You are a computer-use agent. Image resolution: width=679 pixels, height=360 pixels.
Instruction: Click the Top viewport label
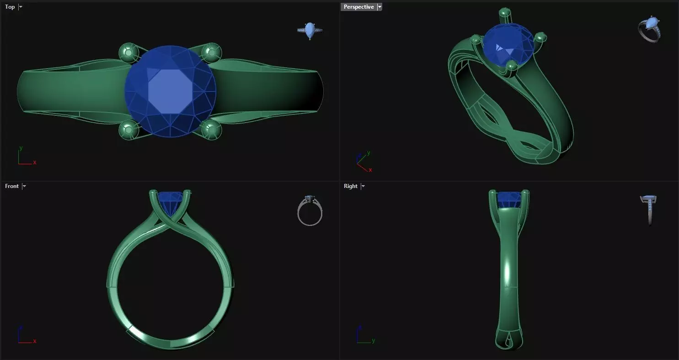point(10,7)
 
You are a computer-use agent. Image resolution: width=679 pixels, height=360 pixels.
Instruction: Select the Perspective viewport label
point(358,7)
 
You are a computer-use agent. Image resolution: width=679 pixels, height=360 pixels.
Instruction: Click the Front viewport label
point(12,186)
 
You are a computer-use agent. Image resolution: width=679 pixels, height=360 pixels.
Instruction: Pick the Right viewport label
point(351,186)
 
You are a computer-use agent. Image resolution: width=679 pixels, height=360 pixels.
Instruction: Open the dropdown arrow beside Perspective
point(380,7)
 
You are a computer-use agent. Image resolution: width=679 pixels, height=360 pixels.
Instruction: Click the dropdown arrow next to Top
point(21,7)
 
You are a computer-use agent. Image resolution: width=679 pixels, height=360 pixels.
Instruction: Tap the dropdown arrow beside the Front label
point(24,186)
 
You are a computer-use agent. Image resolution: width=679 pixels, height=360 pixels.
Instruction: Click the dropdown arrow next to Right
point(363,186)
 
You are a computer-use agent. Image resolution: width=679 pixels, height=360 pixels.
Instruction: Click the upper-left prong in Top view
point(128,53)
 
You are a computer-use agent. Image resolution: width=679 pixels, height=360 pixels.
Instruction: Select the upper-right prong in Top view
point(211,53)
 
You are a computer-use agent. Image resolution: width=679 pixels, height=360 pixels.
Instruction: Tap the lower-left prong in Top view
point(128,130)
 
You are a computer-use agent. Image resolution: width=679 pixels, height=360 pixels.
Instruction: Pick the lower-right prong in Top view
point(211,130)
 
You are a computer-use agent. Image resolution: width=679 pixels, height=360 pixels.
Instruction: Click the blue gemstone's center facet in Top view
point(170,91)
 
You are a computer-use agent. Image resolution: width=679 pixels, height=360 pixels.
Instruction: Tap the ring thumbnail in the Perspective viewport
point(650,29)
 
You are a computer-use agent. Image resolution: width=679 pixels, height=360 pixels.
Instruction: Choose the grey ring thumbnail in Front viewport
point(310,211)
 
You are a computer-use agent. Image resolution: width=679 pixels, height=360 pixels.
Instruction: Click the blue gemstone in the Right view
point(509,199)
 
